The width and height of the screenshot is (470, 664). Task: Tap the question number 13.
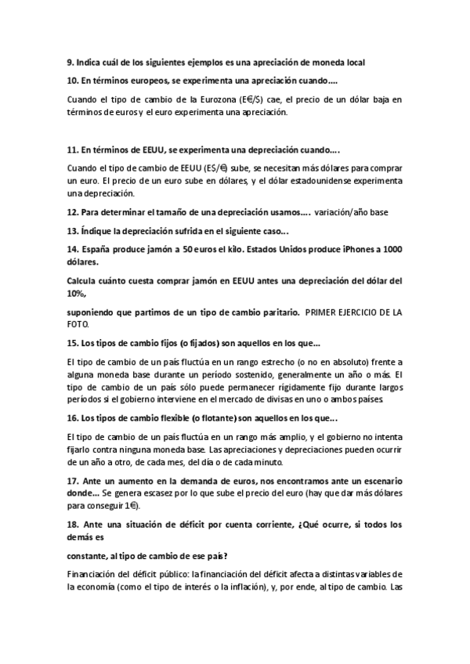72,230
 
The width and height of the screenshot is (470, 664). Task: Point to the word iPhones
342,249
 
